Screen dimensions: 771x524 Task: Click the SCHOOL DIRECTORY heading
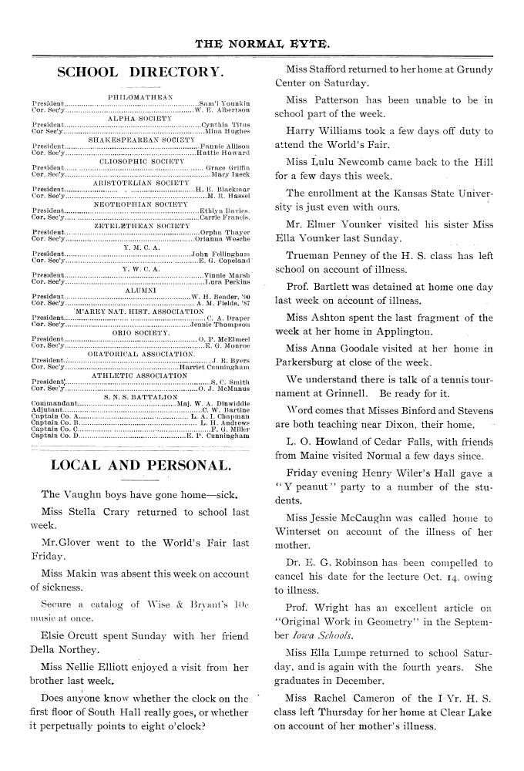(x=141, y=73)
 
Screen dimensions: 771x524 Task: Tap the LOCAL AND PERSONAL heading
(x=139, y=465)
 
